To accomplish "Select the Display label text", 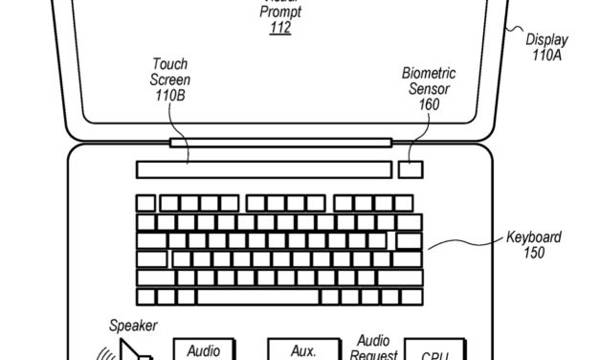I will tap(546, 40).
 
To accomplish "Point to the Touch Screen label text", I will tap(170, 73).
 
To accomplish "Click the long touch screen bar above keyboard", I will tap(263, 169).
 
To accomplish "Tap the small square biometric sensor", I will tap(411, 169).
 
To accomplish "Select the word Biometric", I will tap(429, 73).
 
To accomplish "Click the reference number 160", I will tap(429, 103).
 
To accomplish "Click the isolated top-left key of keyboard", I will tap(145, 203).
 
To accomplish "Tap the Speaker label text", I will tap(133, 326).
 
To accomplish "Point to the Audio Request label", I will tap(376, 347).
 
